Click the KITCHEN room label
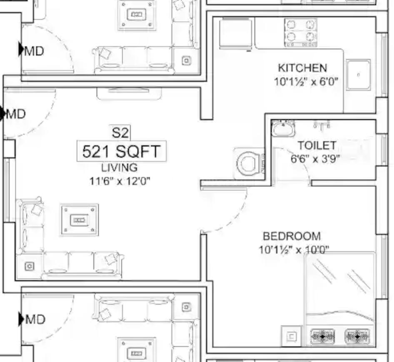coord(302,68)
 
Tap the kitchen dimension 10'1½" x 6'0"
coord(306,82)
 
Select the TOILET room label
coord(317,145)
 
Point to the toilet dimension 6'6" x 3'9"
coord(315,159)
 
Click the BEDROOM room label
coord(292,236)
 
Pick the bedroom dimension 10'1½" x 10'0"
coord(294,250)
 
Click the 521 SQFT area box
coord(121,151)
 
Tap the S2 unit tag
coord(121,132)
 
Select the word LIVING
coord(120,168)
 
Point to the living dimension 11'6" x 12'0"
coord(120,181)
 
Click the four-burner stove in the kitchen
coord(301,32)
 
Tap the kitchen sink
coord(358,75)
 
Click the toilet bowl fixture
coord(249,163)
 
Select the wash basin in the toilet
coord(283,128)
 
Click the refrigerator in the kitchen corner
coord(235,33)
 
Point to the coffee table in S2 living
coord(80,220)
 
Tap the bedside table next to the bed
coord(291,336)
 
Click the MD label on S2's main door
coord(15,114)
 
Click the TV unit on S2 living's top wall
coord(129,93)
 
